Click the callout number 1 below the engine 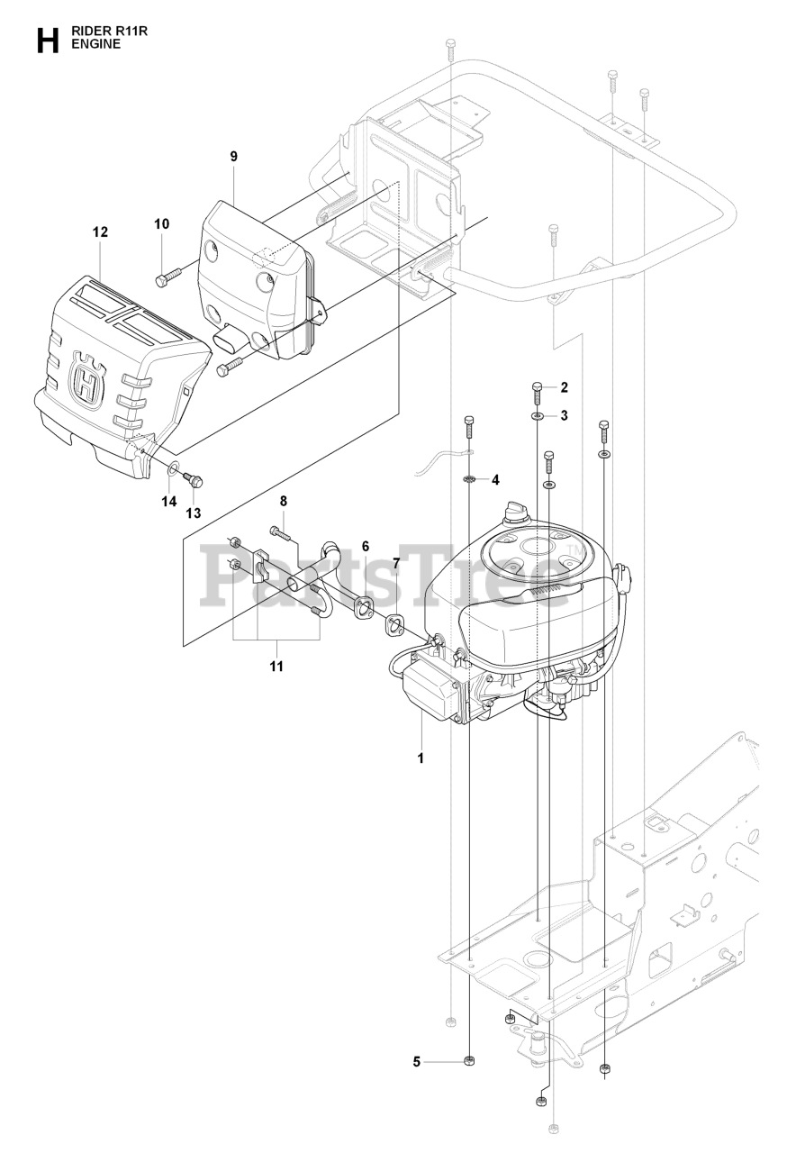420,758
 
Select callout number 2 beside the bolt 564,388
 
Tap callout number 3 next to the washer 564,415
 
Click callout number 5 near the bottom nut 417,1061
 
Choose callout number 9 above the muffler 233,157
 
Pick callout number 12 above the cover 100,232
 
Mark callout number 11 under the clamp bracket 276,667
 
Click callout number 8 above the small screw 283,501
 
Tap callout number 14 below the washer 169,502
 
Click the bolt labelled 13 196,479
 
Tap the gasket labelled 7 393,622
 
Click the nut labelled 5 469,1061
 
